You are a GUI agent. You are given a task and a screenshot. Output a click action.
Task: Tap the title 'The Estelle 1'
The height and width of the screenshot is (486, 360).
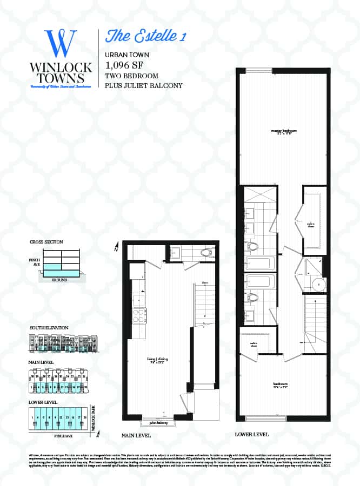coord(146,36)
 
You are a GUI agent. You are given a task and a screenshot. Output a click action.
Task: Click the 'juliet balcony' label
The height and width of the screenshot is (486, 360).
coord(158,423)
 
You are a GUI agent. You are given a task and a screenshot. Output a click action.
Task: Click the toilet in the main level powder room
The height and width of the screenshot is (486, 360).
coord(205,252)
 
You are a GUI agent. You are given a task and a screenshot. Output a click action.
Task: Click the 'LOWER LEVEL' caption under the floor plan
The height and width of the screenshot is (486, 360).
coord(252,434)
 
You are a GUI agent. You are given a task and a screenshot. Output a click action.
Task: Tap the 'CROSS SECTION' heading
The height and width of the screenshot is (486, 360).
coord(46,242)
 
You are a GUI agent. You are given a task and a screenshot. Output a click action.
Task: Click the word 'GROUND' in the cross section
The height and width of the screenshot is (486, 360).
coord(59,280)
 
